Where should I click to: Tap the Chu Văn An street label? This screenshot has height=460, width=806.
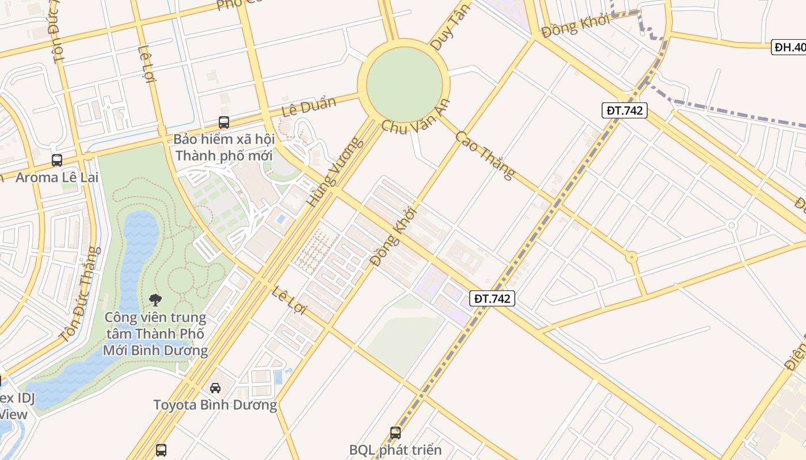pyautogui.click(x=415, y=117)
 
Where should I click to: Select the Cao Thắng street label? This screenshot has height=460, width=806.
pyautogui.click(x=485, y=155)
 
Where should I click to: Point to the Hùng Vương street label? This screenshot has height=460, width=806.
pyautogui.click(x=336, y=171)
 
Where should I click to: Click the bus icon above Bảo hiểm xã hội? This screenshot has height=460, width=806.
pyautogui.click(x=224, y=122)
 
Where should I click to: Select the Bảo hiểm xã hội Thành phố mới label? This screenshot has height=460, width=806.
pyautogui.click(x=224, y=147)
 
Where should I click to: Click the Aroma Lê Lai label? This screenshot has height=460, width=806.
pyautogui.click(x=57, y=177)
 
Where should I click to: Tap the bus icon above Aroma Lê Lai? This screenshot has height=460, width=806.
pyautogui.click(x=57, y=160)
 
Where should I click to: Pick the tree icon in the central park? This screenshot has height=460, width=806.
pyautogui.click(x=155, y=299)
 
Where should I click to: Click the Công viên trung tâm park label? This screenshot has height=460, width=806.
pyautogui.click(x=155, y=333)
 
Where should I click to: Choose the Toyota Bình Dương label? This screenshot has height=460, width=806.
pyautogui.click(x=215, y=405)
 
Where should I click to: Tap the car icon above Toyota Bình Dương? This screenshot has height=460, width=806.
pyautogui.click(x=215, y=388)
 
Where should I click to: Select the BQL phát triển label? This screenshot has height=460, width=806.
pyautogui.click(x=396, y=450)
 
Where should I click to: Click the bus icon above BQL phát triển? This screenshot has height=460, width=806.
pyautogui.click(x=396, y=432)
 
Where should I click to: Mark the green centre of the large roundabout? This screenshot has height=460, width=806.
pyautogui.click(x=404, y=84)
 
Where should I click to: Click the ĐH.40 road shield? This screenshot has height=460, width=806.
pyautogui.click(x=789, y=47)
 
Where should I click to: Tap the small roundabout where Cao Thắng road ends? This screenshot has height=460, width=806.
pyautogui.click(x=632, y=257)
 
